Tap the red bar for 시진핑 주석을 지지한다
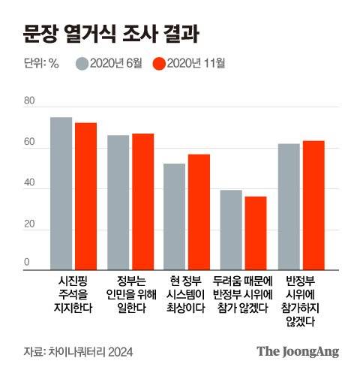85,196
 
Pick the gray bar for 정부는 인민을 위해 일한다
118,202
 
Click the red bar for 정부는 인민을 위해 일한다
142,201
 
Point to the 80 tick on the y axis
29,101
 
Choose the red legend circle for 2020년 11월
158,63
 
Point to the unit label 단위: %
41,63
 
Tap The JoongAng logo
298,350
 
